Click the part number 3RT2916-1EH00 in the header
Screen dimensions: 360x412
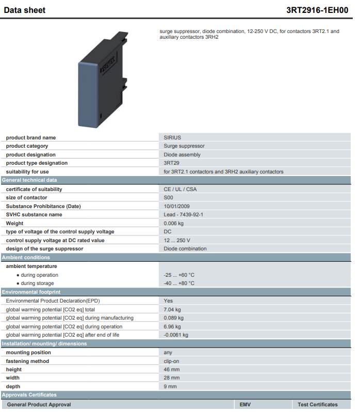317,10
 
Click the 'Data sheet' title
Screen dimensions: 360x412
25,10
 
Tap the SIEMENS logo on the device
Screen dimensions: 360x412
108,65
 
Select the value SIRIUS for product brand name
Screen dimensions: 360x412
172,137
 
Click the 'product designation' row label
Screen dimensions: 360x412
31,154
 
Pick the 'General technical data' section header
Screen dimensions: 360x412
29,180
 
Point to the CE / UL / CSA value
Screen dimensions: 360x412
181,189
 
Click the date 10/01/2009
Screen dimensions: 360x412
176,207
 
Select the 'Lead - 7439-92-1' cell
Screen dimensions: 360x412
184,214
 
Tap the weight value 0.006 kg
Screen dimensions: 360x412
174,224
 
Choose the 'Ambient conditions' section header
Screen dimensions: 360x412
26,258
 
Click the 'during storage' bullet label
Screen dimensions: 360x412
37,283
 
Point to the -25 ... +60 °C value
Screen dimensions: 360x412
179,275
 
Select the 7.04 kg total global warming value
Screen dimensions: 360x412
172,310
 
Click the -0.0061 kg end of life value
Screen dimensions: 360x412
176,335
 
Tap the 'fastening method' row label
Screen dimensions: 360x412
27,361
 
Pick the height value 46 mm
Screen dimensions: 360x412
172,370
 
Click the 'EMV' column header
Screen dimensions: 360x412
245,404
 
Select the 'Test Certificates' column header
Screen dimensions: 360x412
318,404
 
